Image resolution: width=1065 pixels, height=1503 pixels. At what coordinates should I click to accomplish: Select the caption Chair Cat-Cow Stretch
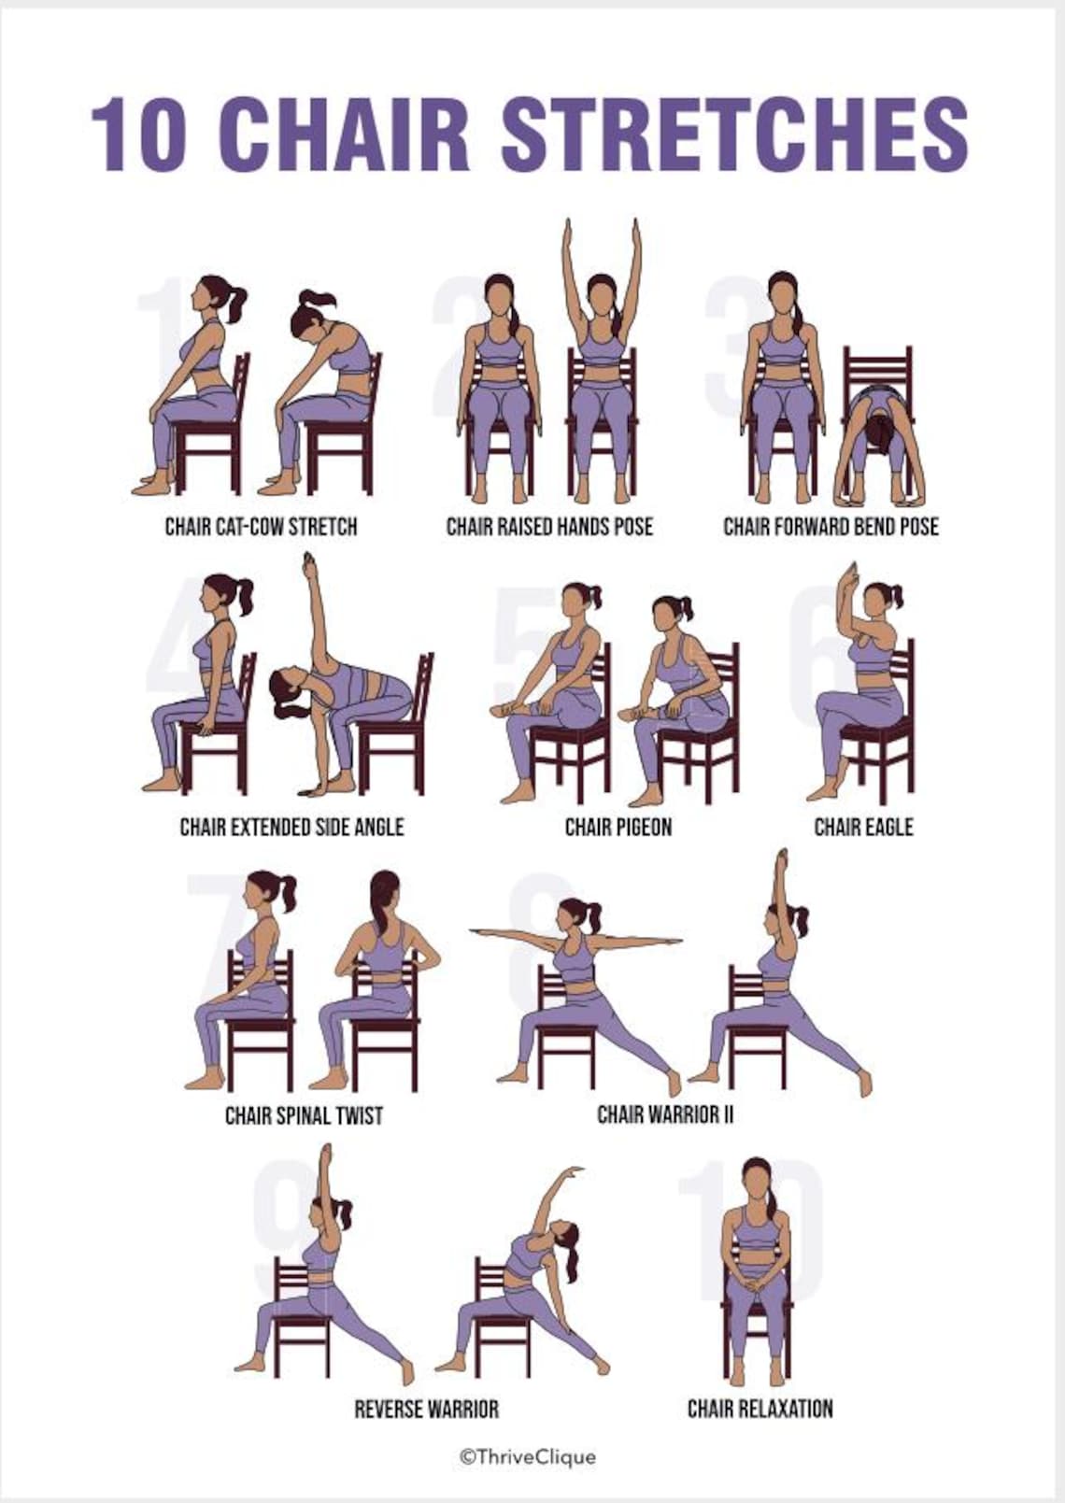(x=261, y=527)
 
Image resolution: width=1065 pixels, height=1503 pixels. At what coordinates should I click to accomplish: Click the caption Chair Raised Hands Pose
(x=549, y=527)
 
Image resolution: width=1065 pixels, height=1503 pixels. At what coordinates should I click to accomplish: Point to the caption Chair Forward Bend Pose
(x=831, y=527)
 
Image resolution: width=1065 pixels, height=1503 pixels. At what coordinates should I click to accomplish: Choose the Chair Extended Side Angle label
(x=291, y=827)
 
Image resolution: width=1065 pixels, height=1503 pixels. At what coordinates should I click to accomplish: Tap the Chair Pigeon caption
(x=618, y=827)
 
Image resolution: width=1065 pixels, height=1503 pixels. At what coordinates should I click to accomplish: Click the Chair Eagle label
(x=863, y=827)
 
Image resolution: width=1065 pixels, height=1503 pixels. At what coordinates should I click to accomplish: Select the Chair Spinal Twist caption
(x=304, y=1115)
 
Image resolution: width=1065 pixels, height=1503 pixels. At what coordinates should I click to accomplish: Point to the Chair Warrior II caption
(x=665, y=1114)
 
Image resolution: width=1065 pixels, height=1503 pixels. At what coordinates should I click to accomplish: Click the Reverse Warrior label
(x=426, y=1409)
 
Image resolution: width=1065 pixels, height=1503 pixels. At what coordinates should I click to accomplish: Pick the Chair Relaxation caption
(x=760, y=1409)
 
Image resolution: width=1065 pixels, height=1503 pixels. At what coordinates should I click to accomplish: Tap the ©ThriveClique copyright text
(x=527, y=1456)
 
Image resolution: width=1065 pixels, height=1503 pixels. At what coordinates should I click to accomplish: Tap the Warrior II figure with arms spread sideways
(x=579, y=990)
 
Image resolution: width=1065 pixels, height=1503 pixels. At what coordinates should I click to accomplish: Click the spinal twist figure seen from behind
(x=374, y=981)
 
